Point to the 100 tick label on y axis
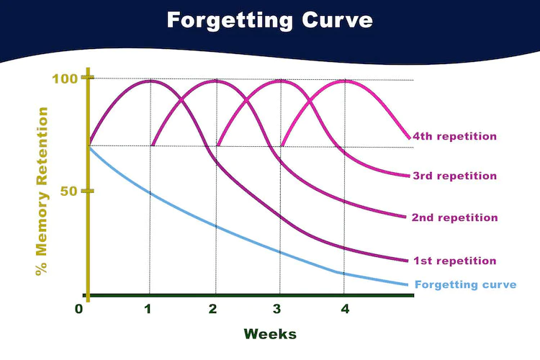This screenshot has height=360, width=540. [x=66, y=78]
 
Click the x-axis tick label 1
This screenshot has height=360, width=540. [x=148, y=310]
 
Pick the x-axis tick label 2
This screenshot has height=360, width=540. [x=213, y=310]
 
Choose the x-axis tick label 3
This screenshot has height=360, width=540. [x=279, y=310]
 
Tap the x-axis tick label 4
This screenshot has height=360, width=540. [x=344, y=310]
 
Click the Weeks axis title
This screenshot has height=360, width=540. [x=269, y=334]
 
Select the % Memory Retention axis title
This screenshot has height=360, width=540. [x=41, y=192]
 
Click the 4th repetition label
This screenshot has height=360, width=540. [x=455, y=135]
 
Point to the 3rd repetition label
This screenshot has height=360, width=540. [x=455, y=176]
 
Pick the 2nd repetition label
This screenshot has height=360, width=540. [x=455, y=217]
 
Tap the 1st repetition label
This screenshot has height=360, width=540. [x=455, y=261]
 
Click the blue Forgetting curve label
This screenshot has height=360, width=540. [x=466, y=284]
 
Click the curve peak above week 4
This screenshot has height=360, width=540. [x=344, y=81]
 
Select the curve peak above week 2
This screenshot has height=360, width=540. [x=215, y=81]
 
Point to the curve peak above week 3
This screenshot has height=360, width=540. [x=279, y=81]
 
